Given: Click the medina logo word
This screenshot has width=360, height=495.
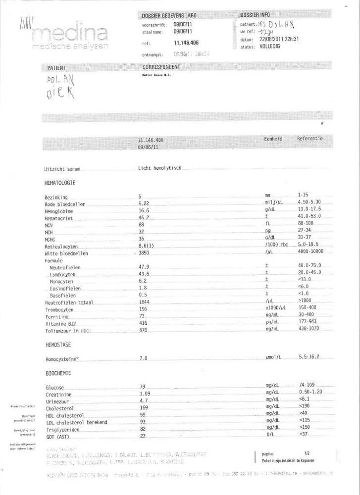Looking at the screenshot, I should pyautogui.click(x=70, y=34).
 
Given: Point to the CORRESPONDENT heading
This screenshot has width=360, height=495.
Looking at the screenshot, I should pyautogui.click(x=161, y=67).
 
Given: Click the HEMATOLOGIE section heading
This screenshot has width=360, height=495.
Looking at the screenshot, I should pyautogui.click(x=60, y=183).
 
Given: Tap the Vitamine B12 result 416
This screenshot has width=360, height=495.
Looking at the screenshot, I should pyautogui.click(x=144, y=323).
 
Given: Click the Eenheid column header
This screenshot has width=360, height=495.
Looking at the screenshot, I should pyautogui.click(x=273, y=139).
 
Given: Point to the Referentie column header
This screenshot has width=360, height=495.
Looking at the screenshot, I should pyautogui.click(x=309, y=139).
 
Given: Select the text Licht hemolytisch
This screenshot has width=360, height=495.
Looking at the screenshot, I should pyautogui.click(x=160, y=168).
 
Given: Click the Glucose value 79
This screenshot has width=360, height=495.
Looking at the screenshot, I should pyautogui.click(x=143, y=387).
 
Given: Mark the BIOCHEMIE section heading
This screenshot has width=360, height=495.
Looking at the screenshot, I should pyautogui.click(x=58, y=373).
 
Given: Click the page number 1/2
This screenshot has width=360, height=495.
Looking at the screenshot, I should pyautogui.click(x=307, y=453).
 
